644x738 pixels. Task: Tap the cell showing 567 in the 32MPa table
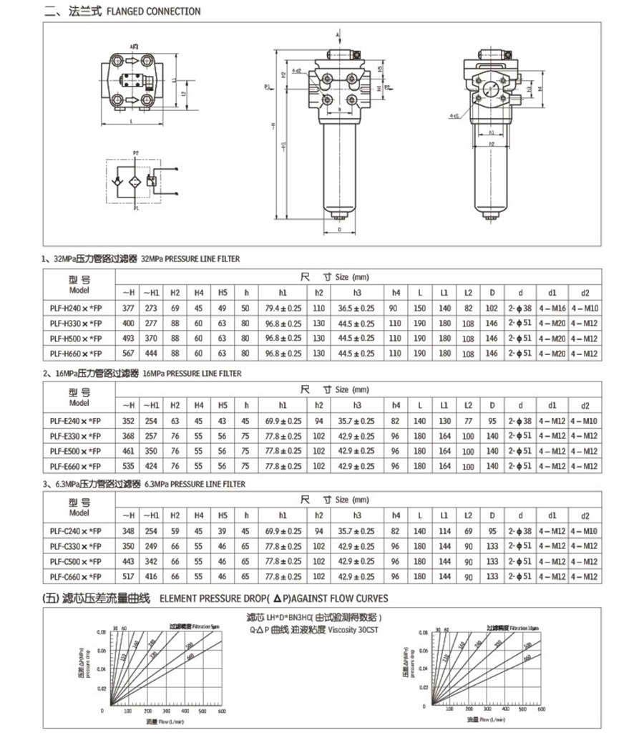pos(128,354)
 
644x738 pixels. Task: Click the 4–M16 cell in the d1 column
pos(551,308)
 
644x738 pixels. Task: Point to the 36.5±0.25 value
pos(356,308)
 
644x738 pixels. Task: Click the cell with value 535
pos(128,466)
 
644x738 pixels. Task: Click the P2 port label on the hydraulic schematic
pos(135,152)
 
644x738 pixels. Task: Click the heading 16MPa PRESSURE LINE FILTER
pos(192,374)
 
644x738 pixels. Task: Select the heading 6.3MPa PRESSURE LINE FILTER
pos(195,485)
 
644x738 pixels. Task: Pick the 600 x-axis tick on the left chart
pos(223,712)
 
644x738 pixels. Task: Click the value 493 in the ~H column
pos(128,339)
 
